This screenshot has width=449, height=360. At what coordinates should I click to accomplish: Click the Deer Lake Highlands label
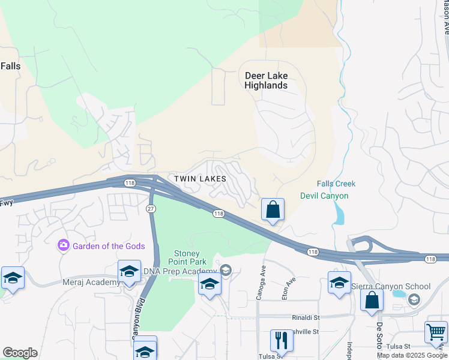click(266, 80)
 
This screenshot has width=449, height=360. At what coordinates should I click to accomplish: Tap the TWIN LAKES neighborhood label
click(200, 179)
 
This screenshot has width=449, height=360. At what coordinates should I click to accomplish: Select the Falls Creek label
click(336, 184)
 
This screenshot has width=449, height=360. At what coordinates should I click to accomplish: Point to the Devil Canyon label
click(324, 196)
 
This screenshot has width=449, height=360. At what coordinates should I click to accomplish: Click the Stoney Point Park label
click(190, 257)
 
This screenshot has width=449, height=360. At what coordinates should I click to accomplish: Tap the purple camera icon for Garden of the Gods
click(62, 245)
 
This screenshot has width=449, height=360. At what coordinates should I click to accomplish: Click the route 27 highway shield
click(151, 208)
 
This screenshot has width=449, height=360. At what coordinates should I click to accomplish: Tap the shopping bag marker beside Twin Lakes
click(273, 211)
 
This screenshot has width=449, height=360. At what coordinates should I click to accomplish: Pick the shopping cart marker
click(436, 332)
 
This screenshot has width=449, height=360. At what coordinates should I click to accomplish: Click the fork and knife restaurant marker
click(281, 341)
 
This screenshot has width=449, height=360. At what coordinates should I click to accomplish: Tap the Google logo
click(20, 353)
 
